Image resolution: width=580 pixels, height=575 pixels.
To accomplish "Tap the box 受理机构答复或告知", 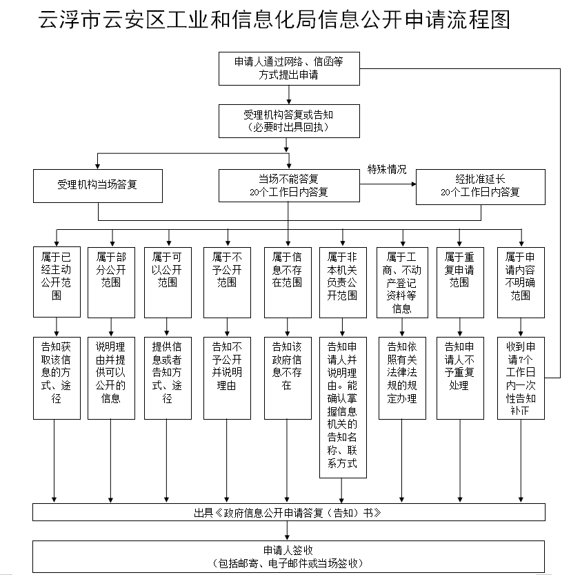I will click(288, 120).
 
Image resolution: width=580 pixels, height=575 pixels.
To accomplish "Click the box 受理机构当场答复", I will click(98, 185).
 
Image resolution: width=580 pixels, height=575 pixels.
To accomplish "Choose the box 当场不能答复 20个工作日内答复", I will click(288, 185).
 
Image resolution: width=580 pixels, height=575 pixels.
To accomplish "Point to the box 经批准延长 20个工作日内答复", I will click(480, 185).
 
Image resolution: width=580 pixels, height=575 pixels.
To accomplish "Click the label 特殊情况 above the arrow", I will click(387, 169).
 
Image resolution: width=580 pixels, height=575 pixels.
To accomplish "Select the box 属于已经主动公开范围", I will click(56, 281).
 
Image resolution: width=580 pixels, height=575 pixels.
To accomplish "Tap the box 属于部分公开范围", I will click(111, 281).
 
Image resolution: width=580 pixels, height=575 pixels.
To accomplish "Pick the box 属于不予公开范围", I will click(227, 281).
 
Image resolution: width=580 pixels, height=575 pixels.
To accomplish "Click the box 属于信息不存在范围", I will click(288, 281).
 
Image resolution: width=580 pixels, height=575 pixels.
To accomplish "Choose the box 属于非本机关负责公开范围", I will click(342, 281).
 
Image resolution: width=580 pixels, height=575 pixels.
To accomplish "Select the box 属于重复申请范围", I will click(459, 281).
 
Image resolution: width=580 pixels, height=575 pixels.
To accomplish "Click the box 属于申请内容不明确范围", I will click(521, 281).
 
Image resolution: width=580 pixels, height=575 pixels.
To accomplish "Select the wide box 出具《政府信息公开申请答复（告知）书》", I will click(288, 513).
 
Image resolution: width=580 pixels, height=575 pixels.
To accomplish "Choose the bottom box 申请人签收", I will click(288, 556).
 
